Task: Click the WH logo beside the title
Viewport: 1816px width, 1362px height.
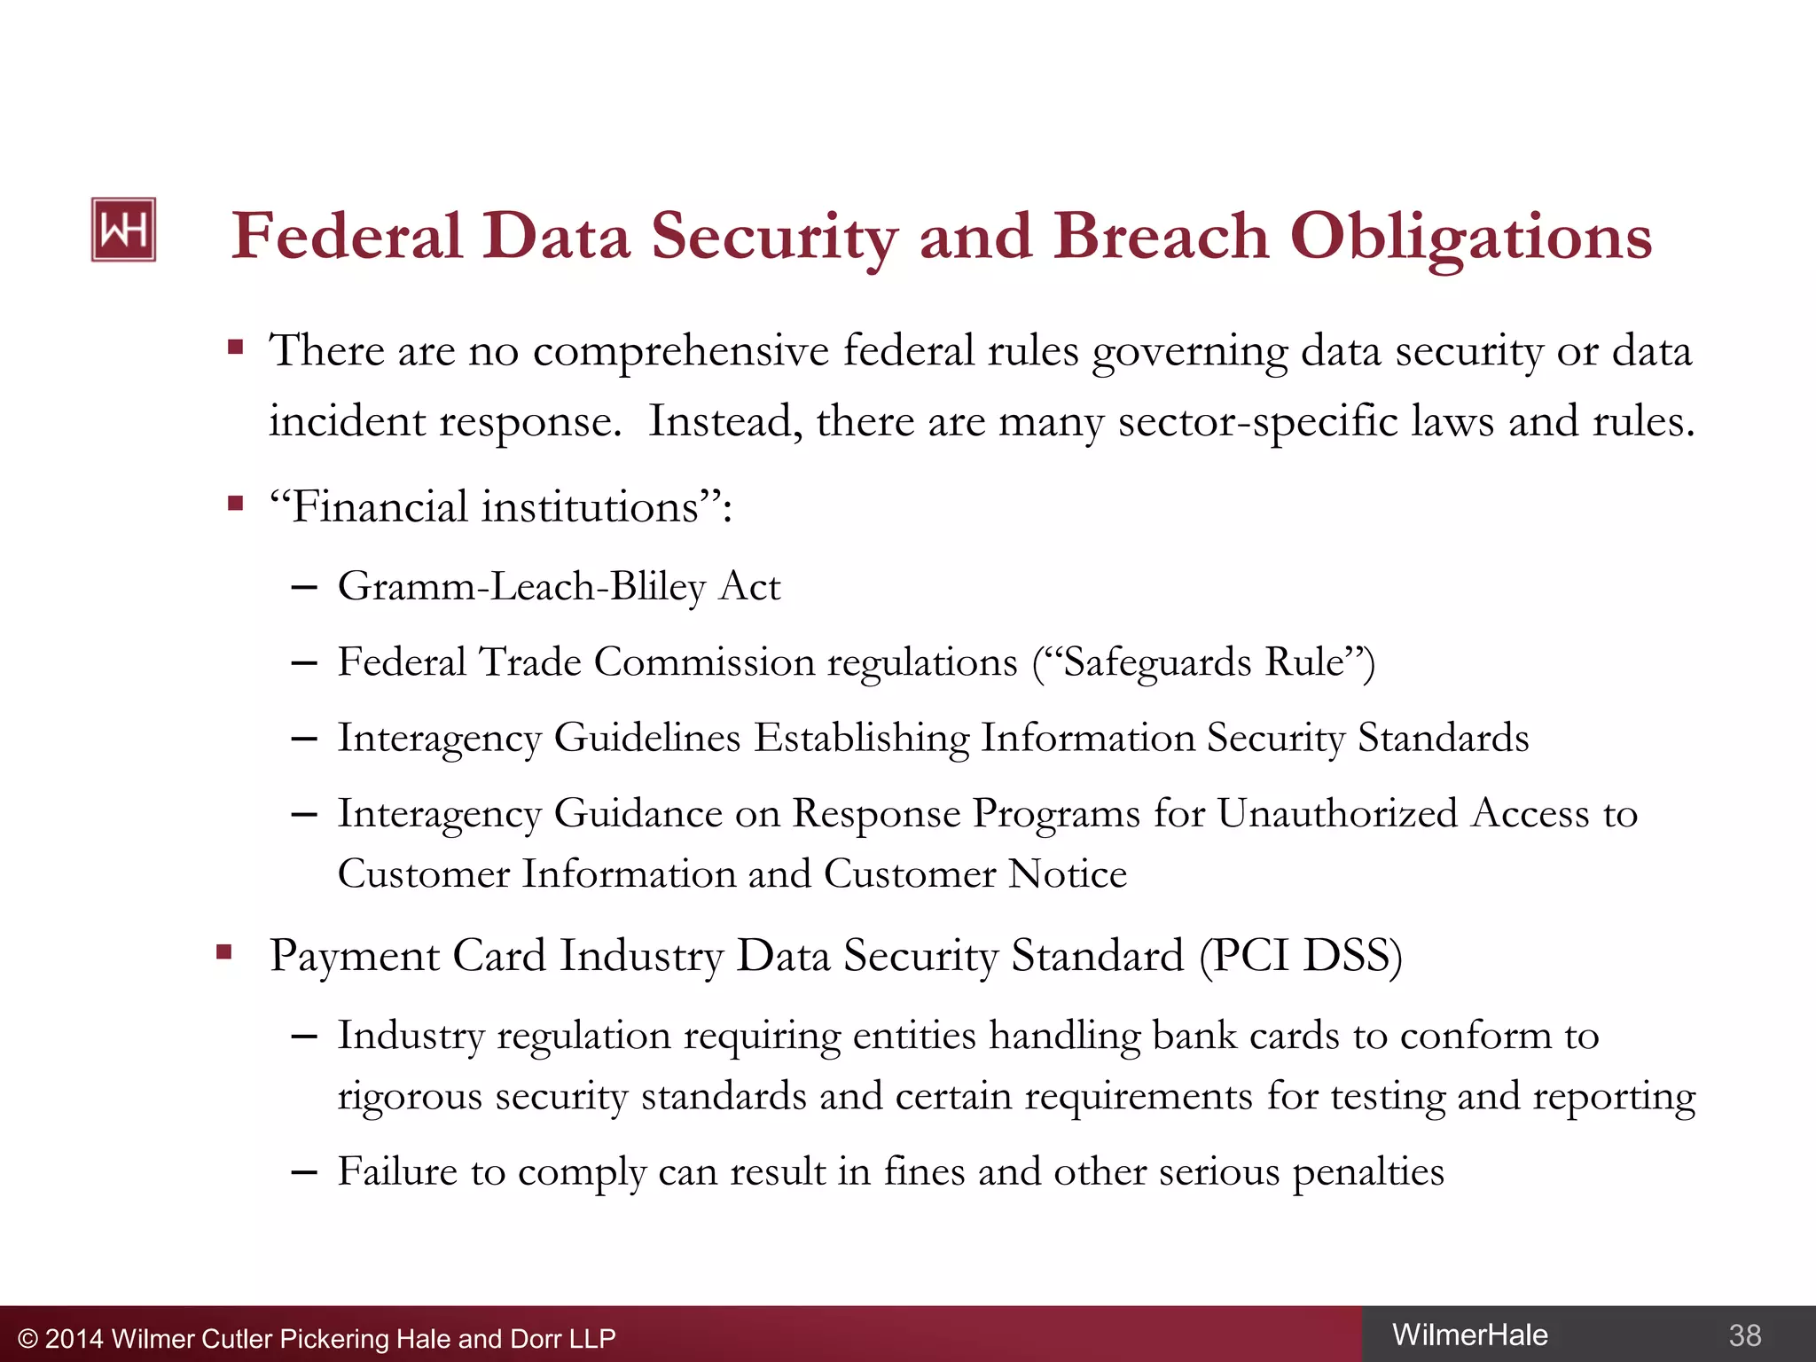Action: pyautogui.click(x=123, y=230)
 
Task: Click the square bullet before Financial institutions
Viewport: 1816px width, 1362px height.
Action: pyautogui.click(x=235, y=505)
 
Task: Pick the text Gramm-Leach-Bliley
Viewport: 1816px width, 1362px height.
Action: pyautogui.click(x=521, y=587)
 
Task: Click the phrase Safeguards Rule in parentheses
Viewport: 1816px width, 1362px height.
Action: pyautogui.click(x=1203, y=663)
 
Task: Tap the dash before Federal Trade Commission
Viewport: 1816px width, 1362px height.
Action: pyautogui.click(x=304, y=663)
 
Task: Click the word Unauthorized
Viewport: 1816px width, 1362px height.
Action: pyautogui.click(x=1336, y=814)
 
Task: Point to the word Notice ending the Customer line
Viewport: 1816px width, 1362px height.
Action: pyautogui.click(x=1068, y=874)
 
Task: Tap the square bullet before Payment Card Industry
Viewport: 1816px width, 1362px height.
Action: pyautogui.click(x=224, y=953)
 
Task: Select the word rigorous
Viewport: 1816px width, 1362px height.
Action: pyautogui.click(x=409, y=1097)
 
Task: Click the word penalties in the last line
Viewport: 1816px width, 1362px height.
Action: pyautogui.click(x=1367, y=1172)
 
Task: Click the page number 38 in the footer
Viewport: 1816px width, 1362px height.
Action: pyautogui.click(x=1744, y=1335)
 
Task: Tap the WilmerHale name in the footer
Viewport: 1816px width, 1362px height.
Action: pyautogui.click(x=1469, y=1335)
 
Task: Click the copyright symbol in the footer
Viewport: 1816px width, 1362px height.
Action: pyautogui.click(x=27, y=1339)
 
